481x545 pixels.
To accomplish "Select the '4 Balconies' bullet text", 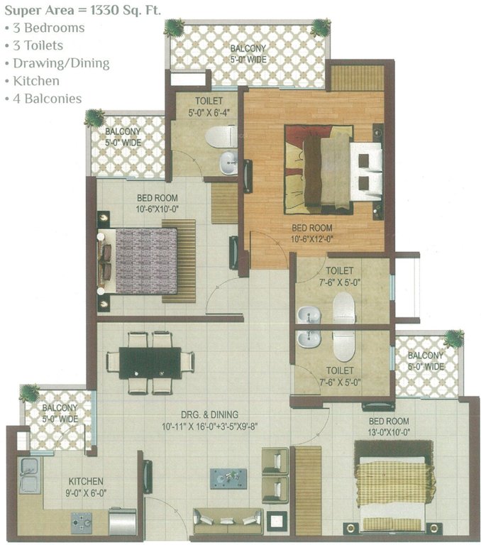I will pyautogui.click(x=47, y=99).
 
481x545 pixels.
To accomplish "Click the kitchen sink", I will pyautogui.click(x=29, y=475).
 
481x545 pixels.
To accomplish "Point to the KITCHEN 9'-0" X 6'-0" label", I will pyautogui.click(x=86, y=486).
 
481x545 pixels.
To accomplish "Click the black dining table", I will pyautogui.click(x=150, y=362).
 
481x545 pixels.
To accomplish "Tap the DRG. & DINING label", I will pyautogui.click(x=209, y=414).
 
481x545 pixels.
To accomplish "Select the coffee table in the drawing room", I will pyautogui.click(x=228, y=478).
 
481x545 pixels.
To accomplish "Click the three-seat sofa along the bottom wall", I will pyautogui.click(x=228, y=519).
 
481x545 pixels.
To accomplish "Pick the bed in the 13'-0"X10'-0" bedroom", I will pyautogui.click(x=394, y=486).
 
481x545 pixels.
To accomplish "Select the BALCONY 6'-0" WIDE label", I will pyautogui.click(x=426, y=360).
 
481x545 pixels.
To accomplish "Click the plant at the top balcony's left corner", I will pyautogui.click(x=175, y=28).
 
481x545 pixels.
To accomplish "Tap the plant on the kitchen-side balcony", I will pyautogui.click(x=30, y=392).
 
